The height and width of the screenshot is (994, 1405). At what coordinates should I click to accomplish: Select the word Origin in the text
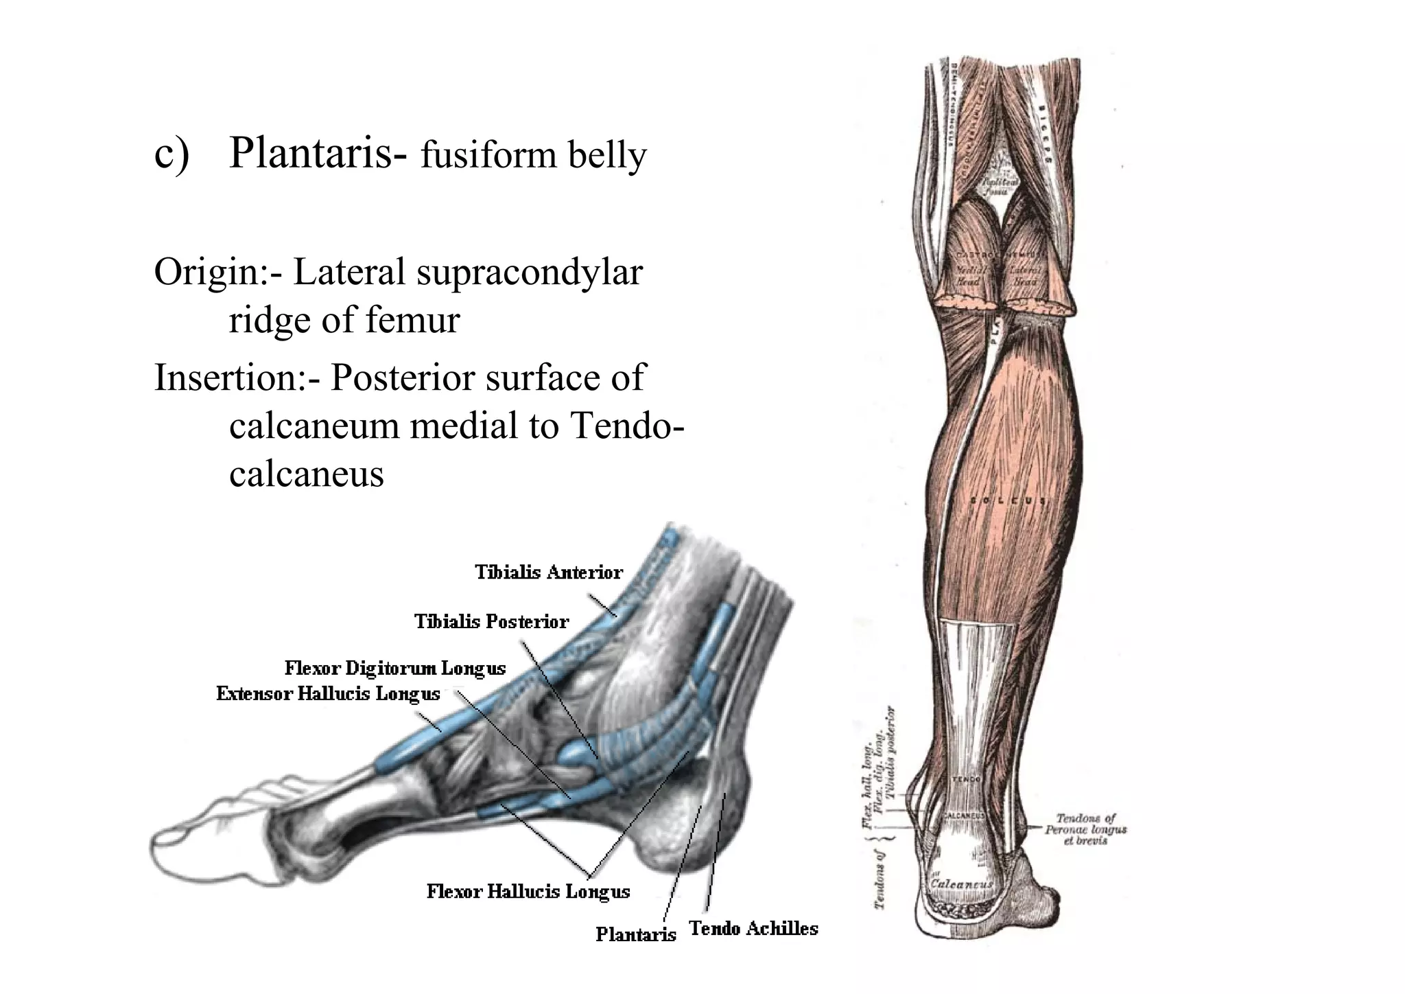tap(204, 273)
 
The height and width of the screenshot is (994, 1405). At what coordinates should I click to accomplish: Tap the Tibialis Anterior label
tap(549, 572)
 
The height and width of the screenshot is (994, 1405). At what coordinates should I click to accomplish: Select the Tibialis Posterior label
tap(491, 621)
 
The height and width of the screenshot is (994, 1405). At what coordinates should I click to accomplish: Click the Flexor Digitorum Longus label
tap(395, 668)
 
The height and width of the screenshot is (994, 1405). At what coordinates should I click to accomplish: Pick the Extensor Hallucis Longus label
tap(328, 693)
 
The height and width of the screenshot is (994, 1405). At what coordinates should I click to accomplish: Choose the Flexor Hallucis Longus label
tap(528, 891)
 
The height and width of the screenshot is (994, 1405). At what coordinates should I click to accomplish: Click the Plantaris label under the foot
tap(635, 934)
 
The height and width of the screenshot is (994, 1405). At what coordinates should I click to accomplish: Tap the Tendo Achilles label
tap(753, 928)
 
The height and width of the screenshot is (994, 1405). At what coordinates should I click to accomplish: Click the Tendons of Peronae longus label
tap(1086, 829)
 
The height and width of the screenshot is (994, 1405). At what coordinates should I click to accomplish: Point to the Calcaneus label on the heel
tap(960, 884)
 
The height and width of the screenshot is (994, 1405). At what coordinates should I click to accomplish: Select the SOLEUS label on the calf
tap(1009, 500)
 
